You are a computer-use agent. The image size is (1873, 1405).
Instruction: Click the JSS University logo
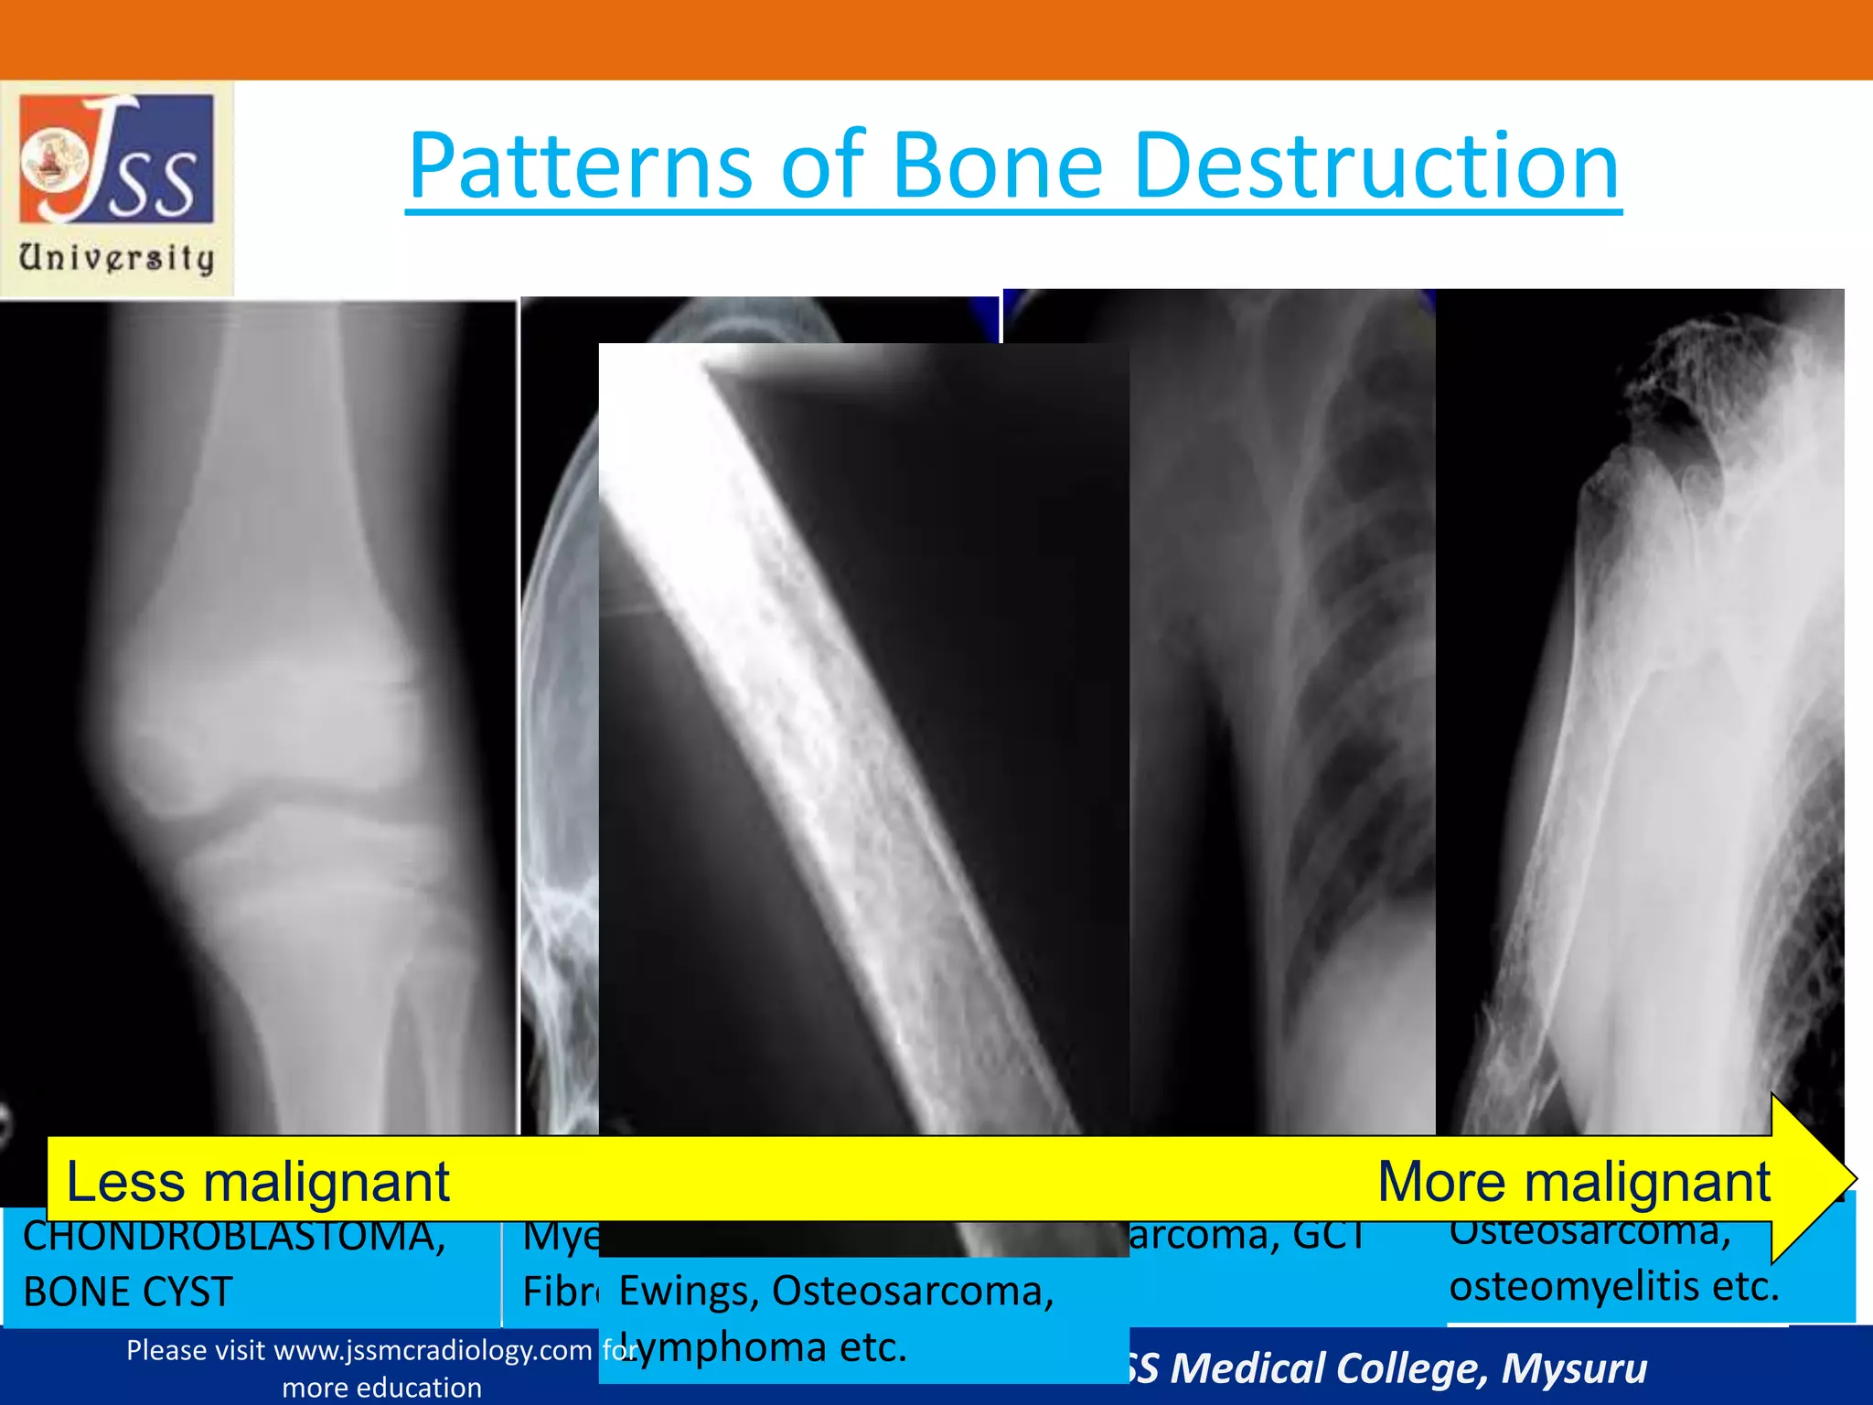(x=117, y=160)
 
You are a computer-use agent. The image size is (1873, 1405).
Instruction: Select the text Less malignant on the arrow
(x=258, y=1181)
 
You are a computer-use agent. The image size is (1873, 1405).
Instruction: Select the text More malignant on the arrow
(x=1573, y=1181)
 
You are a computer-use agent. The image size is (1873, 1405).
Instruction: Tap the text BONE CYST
(x=128, y=1292)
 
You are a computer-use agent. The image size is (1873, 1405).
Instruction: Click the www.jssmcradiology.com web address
(x=433, y=1350)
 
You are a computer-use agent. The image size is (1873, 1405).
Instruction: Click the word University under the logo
(x=117, y=258)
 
